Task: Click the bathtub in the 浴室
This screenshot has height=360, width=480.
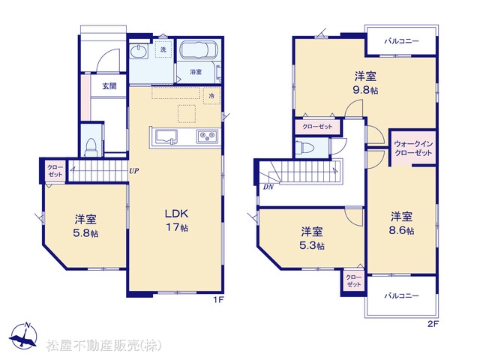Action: click(x=199, y=50)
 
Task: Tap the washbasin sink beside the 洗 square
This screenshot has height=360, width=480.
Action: click(x=139, y=51)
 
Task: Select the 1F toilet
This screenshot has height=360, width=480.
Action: click(x=91, y=148)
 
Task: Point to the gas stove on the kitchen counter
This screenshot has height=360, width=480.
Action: click(x=208, y=136)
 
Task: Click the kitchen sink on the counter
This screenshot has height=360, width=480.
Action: click(x=166, y=136)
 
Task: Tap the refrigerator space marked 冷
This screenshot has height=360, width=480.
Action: click(x=211, y=96)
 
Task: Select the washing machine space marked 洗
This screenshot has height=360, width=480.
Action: click(x=163, y=49)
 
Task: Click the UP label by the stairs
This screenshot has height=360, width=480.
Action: click(x=133, y=171)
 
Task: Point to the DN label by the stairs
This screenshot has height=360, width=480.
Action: click(x=268, y=187)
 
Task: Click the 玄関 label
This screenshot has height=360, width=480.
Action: click(x=109, y=86)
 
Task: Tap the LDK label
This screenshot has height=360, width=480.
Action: click(x=177, y=214)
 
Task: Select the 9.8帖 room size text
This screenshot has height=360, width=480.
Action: click(x=365, y=90)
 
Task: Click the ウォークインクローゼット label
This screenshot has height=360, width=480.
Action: click(x=413, y=148)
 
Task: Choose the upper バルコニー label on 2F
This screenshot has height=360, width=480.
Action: click(x=402, y=41)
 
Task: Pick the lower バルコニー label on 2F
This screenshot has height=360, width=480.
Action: click(x=402, y=295)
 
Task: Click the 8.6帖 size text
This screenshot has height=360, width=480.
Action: click(x=402, y=230)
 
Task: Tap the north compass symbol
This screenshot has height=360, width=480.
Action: click(x=23, y=336)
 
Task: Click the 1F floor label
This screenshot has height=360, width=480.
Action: click(x=219, y=300)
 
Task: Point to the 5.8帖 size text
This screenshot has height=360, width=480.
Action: click(x=85, y=233)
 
